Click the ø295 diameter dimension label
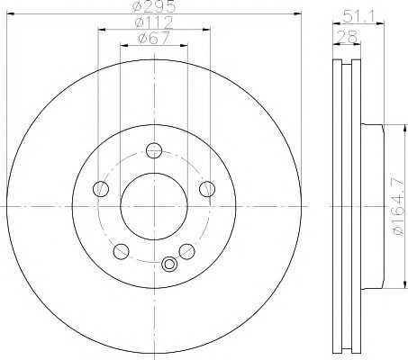point(154,6)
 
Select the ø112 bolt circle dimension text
point(154,22)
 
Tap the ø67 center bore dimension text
point(154,38)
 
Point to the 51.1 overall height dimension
point(358,16)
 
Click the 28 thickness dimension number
point(347,37)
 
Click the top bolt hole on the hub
point(154,150)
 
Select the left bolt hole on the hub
point(101,189)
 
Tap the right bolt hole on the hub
point(207,189)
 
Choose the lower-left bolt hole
point(121,251)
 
